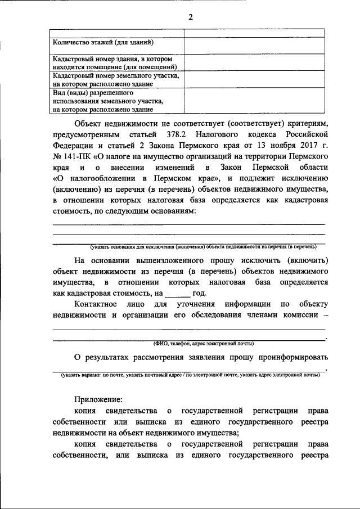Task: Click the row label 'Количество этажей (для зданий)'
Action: point(103,42)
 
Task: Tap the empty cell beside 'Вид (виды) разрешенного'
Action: point(255,100)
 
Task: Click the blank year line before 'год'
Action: point(178,293)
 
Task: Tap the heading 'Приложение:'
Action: point(98,400)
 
